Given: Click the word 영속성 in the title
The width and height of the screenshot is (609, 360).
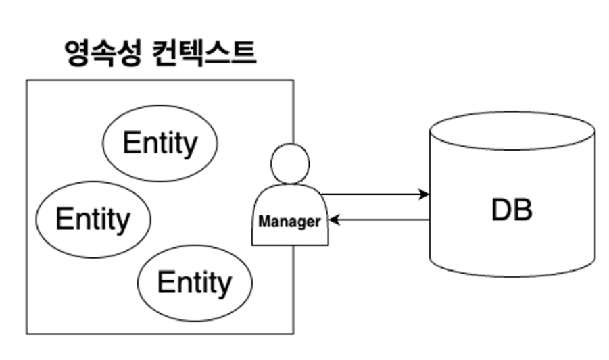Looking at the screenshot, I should (102, 53).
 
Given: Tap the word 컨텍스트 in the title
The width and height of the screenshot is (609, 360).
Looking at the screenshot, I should (201, 53).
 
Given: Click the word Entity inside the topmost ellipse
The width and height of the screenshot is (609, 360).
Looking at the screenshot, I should (160, 143).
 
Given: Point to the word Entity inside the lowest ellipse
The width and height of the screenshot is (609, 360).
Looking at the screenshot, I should (195, 282).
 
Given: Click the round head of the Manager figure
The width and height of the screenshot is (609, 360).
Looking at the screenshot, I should (290, 163).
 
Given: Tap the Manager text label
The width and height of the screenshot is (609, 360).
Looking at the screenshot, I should (290, 222).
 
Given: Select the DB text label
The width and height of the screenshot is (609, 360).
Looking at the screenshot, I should (512, 211).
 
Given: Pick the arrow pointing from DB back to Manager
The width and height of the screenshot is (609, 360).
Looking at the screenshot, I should (382, 220).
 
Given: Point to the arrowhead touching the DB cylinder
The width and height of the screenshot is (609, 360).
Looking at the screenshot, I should (424, 195).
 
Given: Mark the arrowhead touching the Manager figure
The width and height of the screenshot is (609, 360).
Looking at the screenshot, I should (333, 220).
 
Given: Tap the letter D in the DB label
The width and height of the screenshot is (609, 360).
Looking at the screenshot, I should (501, 211).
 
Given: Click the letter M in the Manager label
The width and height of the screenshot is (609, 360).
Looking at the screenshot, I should (264, 222).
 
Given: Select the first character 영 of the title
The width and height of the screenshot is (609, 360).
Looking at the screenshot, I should (75, 53).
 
